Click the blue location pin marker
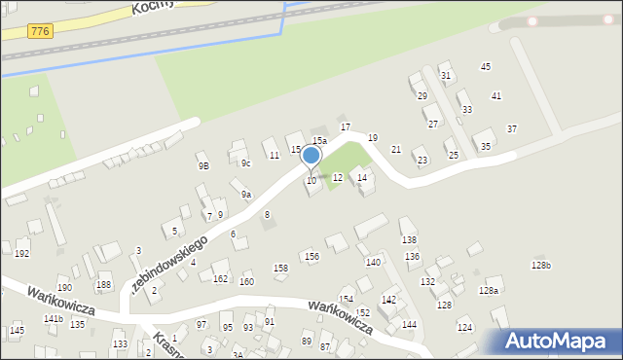pos(311,156)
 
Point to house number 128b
pos(541,266)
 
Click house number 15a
pos(319,141)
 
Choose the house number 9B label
pos(203,166)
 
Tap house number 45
pos(486,66)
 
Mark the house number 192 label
pos(22,253)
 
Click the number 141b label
pos(53,319)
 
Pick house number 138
pos(409,239)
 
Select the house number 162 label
pos(221,279)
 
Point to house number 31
pos(446,75)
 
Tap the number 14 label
pos(362,177)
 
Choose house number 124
pos(464,327)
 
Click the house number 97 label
pos(202,325)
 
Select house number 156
pos(311,257)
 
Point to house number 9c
pos(246,162)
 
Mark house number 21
pos(396,149)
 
